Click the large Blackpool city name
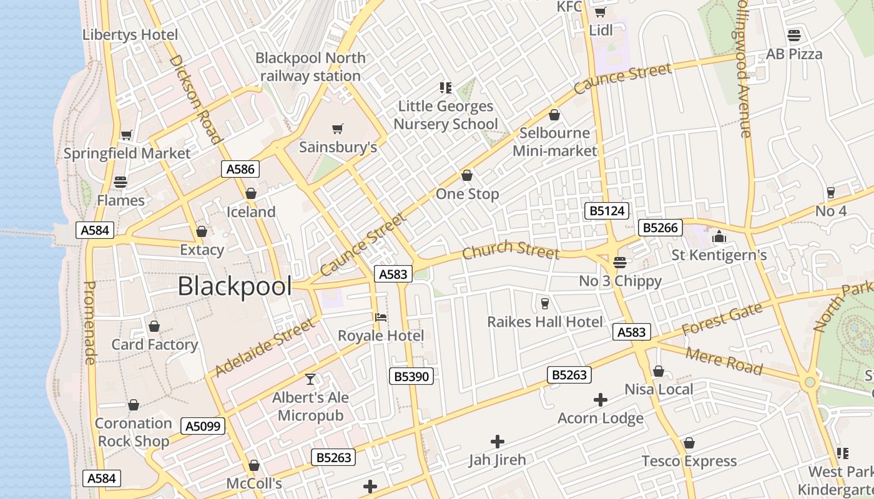235,286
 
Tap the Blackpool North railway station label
310,67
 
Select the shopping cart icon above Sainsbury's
337,129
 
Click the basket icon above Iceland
251,193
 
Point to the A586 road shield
240,169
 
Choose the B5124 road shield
607,211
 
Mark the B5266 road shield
660,228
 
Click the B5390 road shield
411,376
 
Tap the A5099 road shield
202,426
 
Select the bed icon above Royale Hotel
380,317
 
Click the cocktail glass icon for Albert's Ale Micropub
310,379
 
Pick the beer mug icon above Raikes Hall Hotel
545,304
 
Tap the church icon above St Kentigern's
719,236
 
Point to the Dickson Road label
195,99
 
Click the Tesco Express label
689,461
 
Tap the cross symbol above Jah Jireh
498,442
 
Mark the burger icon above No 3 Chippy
619,263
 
